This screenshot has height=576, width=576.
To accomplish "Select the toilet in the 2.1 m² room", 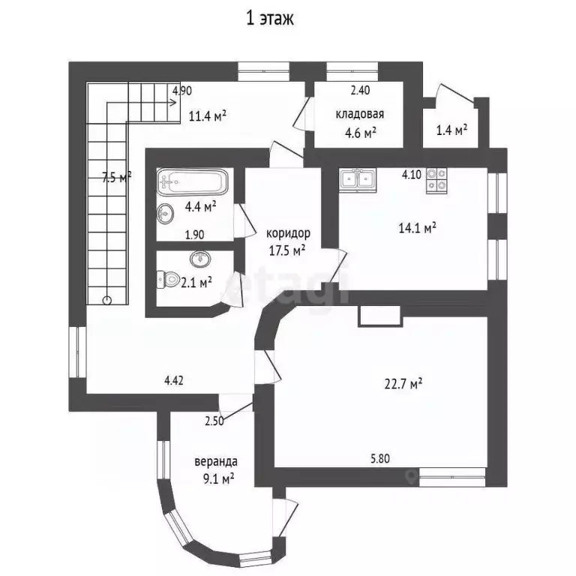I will coord(166,280).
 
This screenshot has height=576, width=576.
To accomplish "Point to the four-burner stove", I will coord(436,180).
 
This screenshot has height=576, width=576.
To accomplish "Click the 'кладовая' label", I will coord(360,115).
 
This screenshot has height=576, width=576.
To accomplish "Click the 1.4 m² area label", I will coord(451,129).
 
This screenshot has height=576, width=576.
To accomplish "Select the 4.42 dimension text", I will coord(174,380).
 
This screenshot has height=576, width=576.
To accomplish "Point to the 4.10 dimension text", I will coord(412,175).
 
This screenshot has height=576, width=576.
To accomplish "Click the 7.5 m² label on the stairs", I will coord(116,177).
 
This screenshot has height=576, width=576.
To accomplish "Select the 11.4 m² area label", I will coord(208,115).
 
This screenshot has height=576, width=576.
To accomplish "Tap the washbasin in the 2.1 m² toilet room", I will coord(199,259).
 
